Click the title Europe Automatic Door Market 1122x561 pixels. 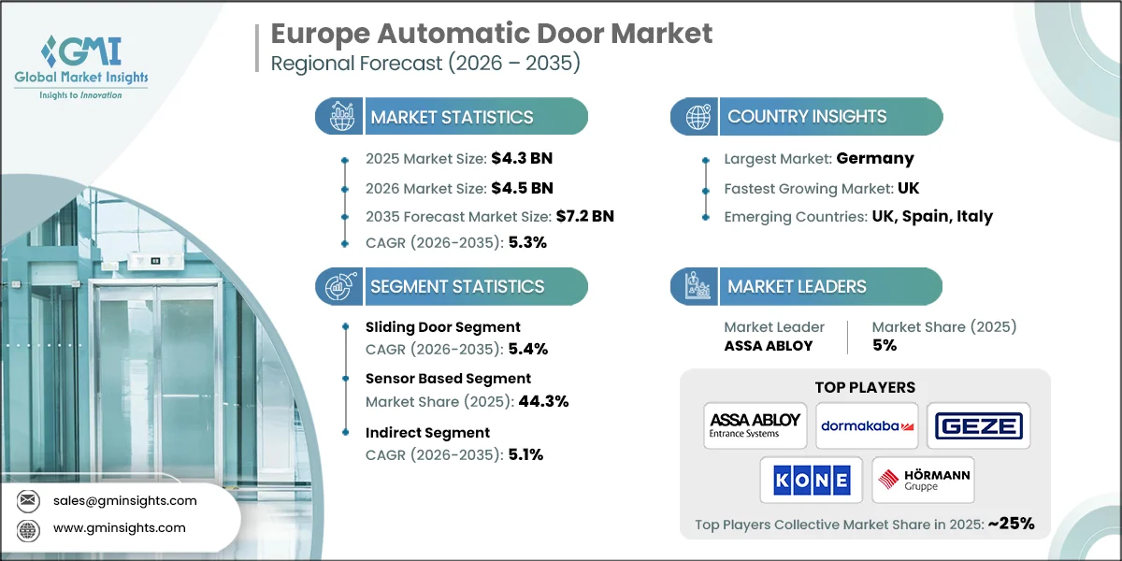click(491, 34)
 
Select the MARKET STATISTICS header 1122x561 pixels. click(452, 117)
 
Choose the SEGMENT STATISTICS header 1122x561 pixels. click(457, 287)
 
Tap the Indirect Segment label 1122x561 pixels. click(427, 432)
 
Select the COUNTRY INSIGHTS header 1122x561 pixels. click(807, 117)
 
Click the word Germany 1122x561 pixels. click(875, 158)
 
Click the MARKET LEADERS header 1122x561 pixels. click(797, 287)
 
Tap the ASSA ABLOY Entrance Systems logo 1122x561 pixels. click(755, 425)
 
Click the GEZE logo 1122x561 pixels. click(978, 426)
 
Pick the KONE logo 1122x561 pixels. click(810, 481)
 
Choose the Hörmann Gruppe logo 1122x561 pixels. click(923, 481)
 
